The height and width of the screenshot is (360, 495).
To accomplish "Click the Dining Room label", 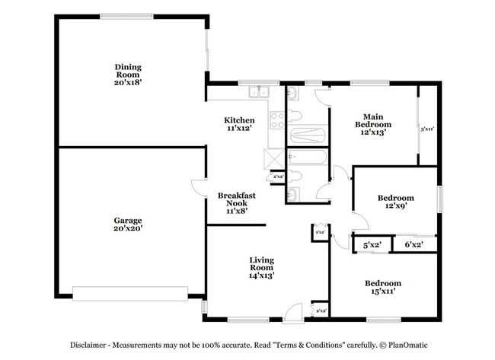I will [129, 75].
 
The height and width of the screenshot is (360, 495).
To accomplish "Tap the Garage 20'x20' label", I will [128, 224].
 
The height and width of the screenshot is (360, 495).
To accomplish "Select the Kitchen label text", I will [238, 125].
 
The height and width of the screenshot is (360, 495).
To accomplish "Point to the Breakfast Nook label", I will [236, 204].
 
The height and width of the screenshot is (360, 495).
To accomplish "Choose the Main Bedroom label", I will [372, 124].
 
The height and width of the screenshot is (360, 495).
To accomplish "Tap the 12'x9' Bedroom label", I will [395, 202].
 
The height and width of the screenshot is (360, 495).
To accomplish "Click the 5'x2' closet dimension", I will [372, 245].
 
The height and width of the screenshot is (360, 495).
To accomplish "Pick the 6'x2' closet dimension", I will [414, 245].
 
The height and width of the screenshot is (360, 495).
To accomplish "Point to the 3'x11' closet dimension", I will [427, 129].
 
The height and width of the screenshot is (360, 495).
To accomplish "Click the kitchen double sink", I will [260, 93].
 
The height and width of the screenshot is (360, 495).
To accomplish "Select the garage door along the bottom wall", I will [129, 293].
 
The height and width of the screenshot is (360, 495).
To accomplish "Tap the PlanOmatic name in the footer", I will [403, 344].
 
